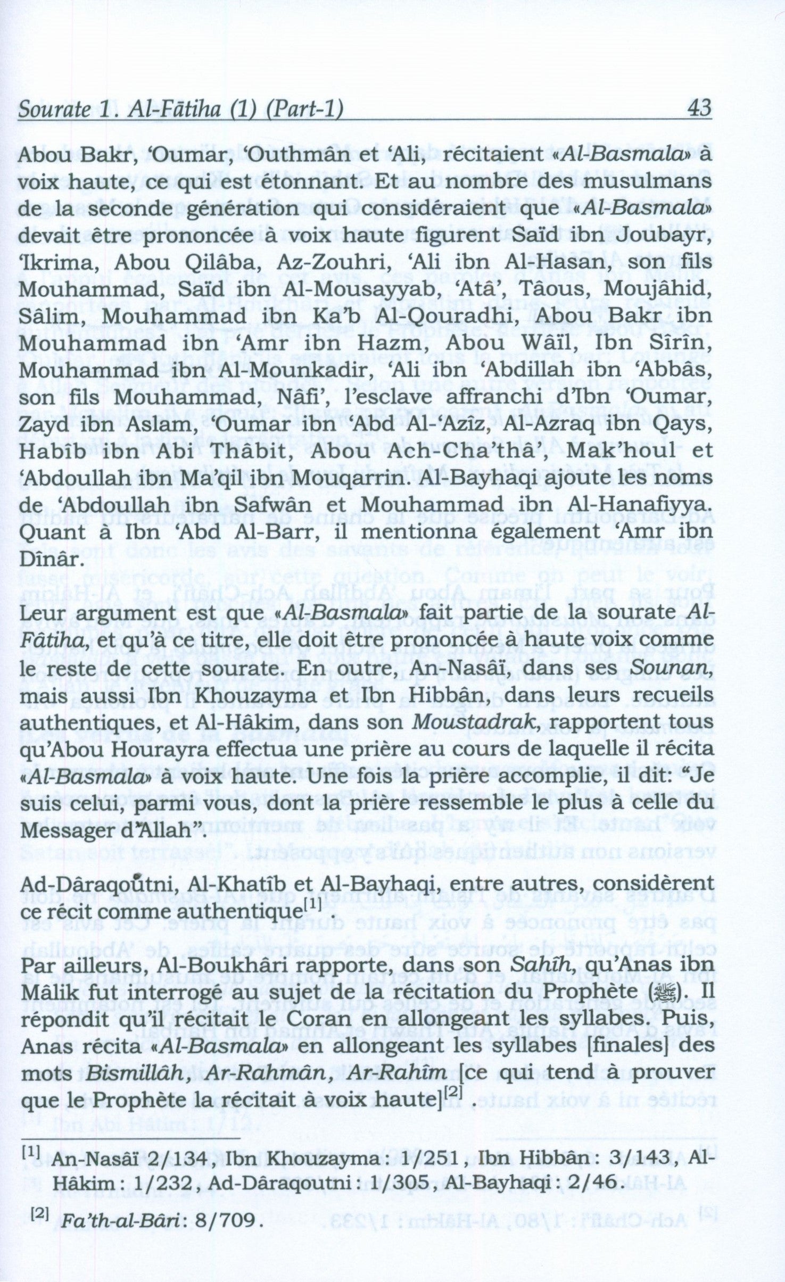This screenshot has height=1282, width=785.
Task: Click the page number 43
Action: [x=699, y=108]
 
